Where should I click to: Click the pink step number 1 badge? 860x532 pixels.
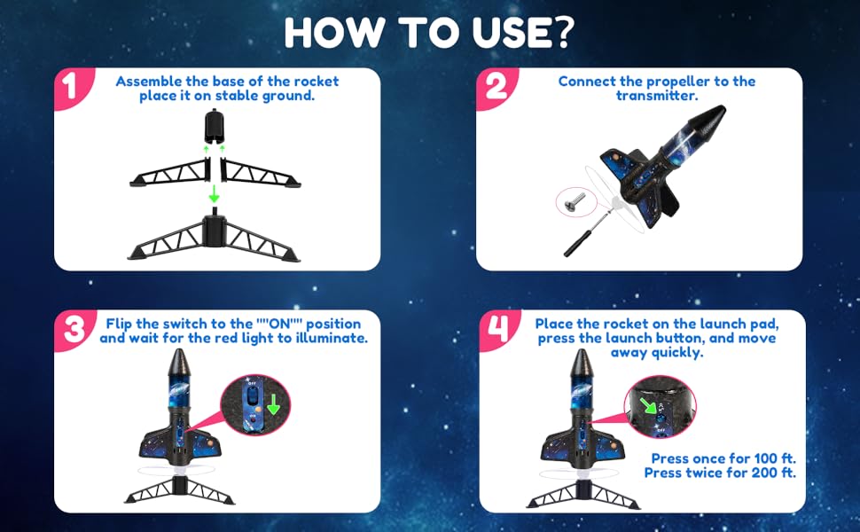(71, 87)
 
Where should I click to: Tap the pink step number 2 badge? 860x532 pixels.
(495, 87)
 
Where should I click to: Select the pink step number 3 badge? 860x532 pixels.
(74, 330)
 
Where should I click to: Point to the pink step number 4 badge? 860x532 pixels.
(498, 329)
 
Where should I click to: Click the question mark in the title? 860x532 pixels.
(560, 32)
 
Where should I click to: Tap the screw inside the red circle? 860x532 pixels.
(575, 201)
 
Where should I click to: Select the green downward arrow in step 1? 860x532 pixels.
(214, 193)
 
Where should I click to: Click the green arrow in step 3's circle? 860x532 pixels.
(272, 403)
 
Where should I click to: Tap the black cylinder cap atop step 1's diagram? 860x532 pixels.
(215, 126)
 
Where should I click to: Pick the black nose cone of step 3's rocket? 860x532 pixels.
(180, 363)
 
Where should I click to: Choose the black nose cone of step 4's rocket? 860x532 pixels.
(582, 363)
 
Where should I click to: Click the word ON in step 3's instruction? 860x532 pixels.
(279, 325)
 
